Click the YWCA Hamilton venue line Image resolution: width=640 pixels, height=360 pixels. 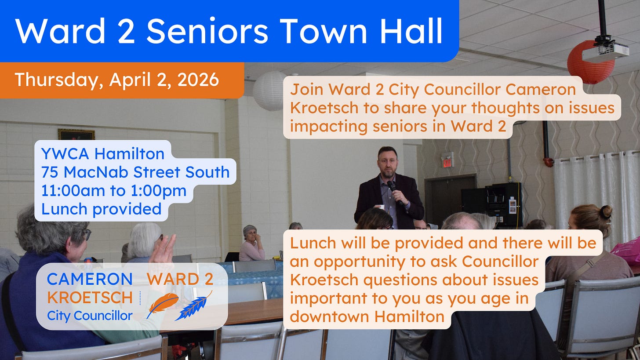click(x=102, y=154)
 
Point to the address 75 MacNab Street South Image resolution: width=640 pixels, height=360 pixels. click(x=135, y=172)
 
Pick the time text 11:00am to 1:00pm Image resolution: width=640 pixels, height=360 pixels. click(x=114, y=191)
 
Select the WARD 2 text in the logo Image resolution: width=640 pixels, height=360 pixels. click(x=180, y=279)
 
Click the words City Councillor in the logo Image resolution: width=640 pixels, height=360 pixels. click(x=90, y=315)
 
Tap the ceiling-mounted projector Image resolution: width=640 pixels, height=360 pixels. click(x=605, y=51)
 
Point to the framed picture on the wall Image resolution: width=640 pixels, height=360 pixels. click(x=76, y=135)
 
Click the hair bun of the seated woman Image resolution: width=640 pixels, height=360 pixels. click(x=606, y=212)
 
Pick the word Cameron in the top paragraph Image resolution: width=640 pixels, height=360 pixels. click(x=540, y=89)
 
